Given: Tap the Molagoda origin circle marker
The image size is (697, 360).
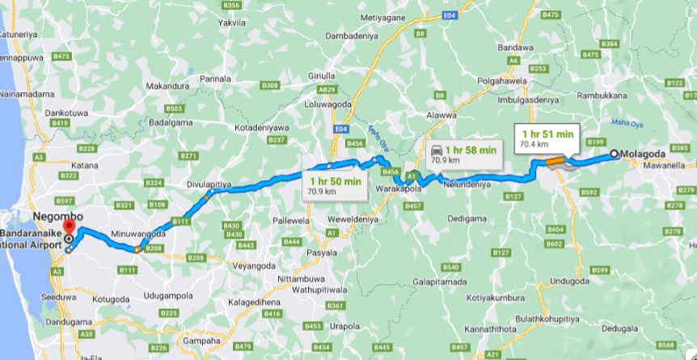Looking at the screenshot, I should [615, 154].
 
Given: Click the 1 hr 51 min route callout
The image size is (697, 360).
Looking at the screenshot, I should [547, 138].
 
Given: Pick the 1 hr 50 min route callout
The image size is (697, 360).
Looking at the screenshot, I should [332, 186].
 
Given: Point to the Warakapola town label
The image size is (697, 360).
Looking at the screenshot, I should [402, 188].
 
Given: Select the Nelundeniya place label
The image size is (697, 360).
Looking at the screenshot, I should [467, 184].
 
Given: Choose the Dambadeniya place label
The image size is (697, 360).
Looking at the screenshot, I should [351, 36].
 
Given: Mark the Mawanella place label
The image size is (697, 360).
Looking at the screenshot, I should [665, 165].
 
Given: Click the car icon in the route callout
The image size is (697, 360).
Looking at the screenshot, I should [437, 149].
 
